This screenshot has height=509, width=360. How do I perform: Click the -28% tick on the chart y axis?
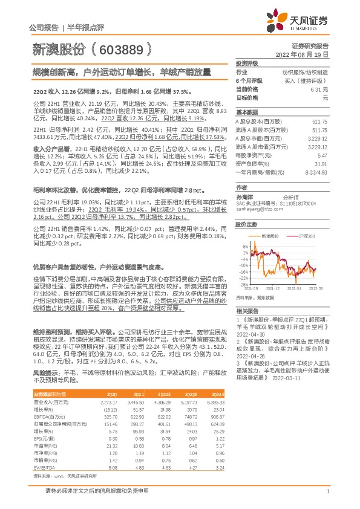pos(243,284)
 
